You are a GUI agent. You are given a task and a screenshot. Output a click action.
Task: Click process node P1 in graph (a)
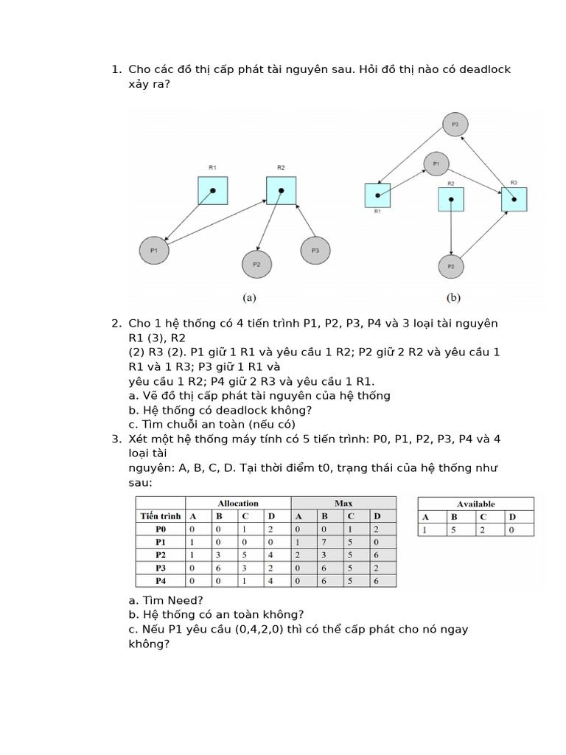(154, 251)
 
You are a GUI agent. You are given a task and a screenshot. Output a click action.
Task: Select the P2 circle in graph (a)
(256, 263)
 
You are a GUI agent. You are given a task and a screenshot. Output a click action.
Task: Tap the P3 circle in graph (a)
(315, 251)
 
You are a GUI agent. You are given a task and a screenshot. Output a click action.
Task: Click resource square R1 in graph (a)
(212, 190)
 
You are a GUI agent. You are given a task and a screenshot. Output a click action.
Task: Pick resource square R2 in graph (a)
(281, 190)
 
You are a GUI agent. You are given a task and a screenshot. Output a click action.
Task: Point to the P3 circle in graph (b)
(455, 125)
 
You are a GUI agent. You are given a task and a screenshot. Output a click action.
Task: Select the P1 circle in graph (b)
(436, 163)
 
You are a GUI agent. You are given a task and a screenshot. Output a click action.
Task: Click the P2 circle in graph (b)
(451, 265)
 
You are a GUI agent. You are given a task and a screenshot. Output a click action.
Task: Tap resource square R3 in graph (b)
(514, 199)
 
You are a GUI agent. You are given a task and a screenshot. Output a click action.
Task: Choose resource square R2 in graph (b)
(451, 199)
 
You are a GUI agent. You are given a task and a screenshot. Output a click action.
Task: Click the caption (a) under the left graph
(249, 299)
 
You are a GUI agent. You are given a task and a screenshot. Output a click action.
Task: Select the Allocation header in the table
(239, 504)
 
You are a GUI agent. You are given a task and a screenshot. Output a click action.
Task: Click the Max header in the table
(343, 504)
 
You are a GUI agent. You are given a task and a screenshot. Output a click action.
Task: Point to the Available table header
(476, 504)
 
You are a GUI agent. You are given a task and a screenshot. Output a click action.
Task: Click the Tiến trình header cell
(161, 516)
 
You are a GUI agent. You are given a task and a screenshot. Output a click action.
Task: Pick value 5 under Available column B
(455, 529)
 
